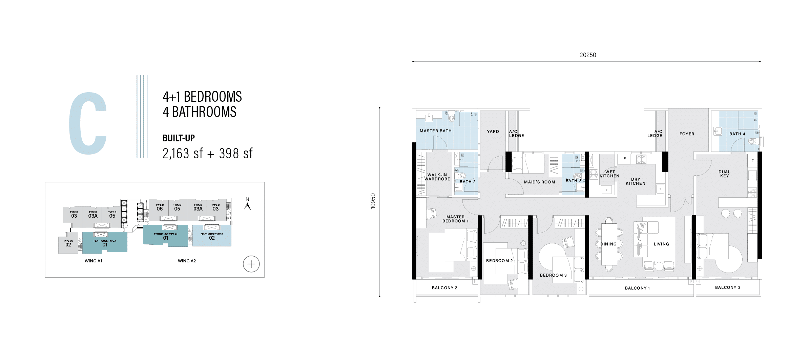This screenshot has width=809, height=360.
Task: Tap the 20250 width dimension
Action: click(588, 55)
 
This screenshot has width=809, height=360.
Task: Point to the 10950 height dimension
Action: click(373, 201)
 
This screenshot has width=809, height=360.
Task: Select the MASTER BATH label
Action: click(436, 131)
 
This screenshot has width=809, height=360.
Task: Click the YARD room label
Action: click(493, 132)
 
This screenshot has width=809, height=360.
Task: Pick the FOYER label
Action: click(687, 134)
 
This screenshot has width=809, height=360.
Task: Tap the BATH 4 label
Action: click(737, 134)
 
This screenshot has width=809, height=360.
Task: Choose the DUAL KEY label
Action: click(724, 174)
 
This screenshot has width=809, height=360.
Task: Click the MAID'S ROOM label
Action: click(540, 182)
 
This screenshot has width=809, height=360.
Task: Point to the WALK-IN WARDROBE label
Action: click(437, 177)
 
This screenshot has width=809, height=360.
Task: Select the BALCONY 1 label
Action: click(637, 288)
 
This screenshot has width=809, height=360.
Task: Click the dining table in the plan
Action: click(609, 244)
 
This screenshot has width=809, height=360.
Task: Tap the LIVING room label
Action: click(661, 244)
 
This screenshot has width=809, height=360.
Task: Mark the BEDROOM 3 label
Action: click(553, 275)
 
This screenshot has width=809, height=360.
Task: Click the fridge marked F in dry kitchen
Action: click(624, 159)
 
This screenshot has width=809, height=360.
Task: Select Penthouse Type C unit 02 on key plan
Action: click(212, 236)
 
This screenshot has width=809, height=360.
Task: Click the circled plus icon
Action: click(251, 264)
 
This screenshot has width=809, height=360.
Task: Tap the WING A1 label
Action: click(93, 261)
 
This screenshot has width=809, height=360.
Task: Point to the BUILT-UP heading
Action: click(179, 138)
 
